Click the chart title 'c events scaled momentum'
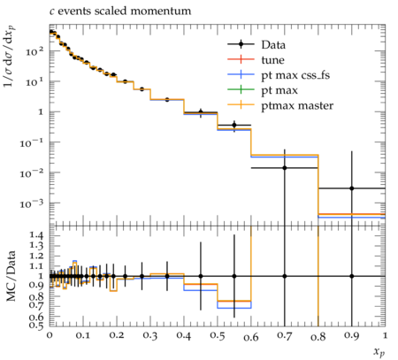pyautogui.click(x=120, y=11)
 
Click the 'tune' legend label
pyautogui.click(x=272, y=60)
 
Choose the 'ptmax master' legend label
pyautogui.click(x=297, y=106)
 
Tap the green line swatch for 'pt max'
pyautogui.click(x=241, y=89)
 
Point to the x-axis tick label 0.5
pyautogui.click(x=218, y=336)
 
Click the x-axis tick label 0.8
pyautogui.click(x=318, y=336)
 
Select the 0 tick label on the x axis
pyautogui.click(x=50, y=336)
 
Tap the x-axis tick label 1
pyautogui.click(x=385, y=336)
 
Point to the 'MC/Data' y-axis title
pyautogui.click(x=11, y=276)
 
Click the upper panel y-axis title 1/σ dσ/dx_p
pyautogui.click(x=9, y=56)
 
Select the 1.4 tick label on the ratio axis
pyautogui.click(x=35, y=235)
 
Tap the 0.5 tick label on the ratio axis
pyautogui.click(x=35, y=325)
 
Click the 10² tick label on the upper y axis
pyautogui.click(x=34, y=51)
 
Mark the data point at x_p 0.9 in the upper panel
pyautogui.click(x=352, y=188)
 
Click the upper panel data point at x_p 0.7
pyautogui.click(x=285, y=168)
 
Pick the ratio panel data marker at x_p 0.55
pyautogui.click(x=234, y=276)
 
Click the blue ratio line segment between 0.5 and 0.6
pyautogui.click(x=234, y=308)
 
